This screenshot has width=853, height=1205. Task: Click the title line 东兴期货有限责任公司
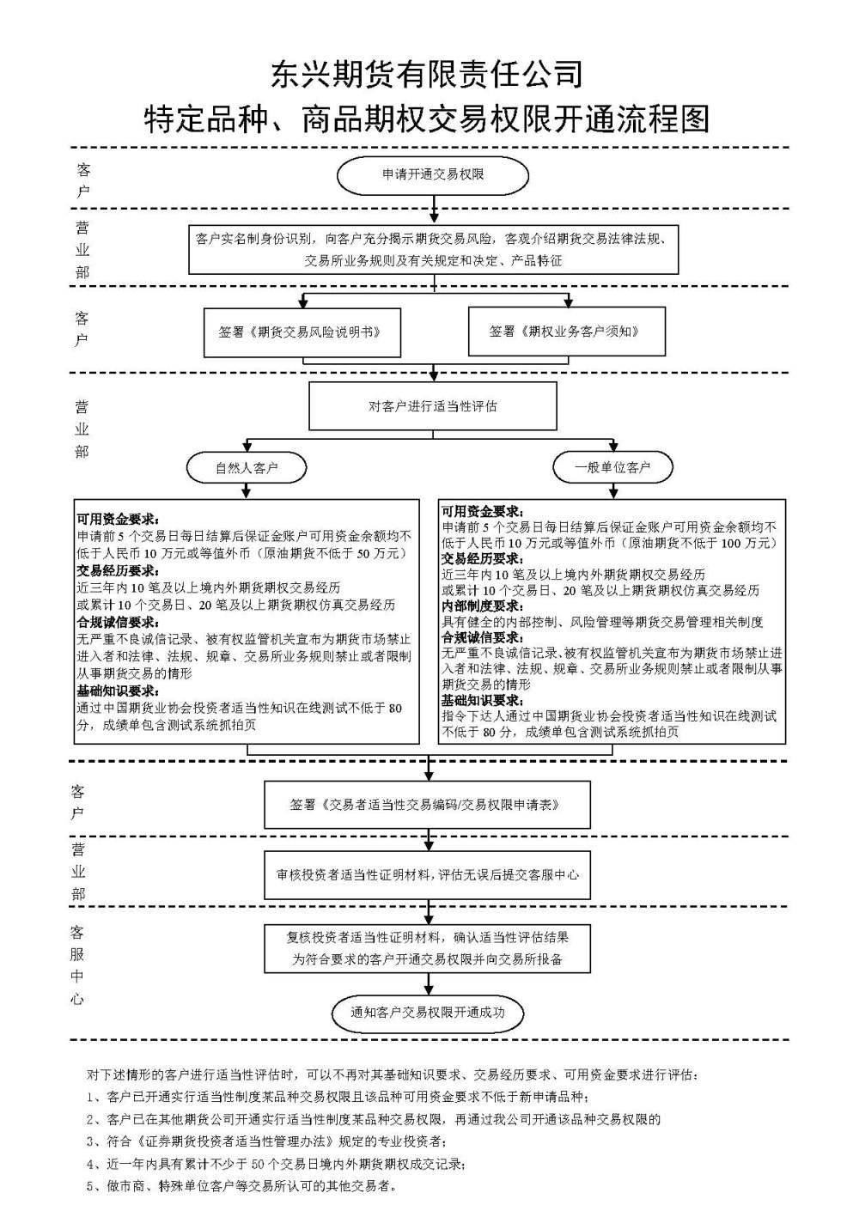coord(427,74)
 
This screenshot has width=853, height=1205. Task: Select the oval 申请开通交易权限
coord(433,175)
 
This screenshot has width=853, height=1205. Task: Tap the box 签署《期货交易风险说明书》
coord(302,332)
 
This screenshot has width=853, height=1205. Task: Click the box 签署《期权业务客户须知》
coord(567,332)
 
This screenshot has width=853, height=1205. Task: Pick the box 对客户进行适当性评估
coord(433,406)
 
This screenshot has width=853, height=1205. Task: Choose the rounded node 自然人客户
coord(247,467)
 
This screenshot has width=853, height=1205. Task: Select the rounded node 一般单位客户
coord(613,467)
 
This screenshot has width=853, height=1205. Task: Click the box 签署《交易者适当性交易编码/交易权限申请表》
coord(427,805)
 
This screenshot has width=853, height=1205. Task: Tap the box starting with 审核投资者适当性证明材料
coord(427,874)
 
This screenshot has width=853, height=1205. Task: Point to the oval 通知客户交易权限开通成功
coord(428,1013)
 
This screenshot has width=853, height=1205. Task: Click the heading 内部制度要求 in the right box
coord(482,606)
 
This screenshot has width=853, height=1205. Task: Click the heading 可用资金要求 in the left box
coord(118,520)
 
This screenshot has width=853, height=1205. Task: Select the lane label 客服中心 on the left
coord(77,965)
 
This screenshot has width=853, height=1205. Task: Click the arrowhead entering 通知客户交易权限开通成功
coord(429,990)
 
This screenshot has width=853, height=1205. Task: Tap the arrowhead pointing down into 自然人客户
coord(247,446)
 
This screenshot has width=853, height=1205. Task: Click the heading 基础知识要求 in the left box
coord(118,691)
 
